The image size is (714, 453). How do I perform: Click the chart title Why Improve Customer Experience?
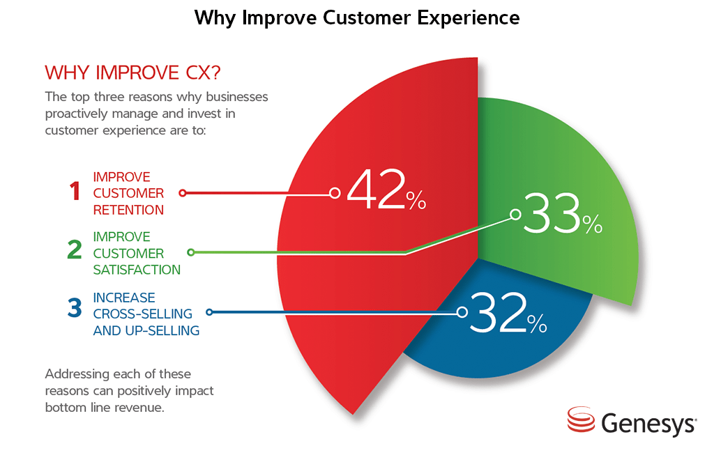[x=357, y=17]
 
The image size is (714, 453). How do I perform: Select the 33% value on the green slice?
[x=561, y=215]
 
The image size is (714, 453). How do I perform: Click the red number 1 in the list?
[x=75, y=192]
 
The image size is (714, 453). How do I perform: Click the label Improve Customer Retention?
[x=129, y=193]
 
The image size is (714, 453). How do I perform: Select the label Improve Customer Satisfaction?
[x=137, y=253]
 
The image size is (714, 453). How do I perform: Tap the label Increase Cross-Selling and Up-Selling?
[x=146, y=314]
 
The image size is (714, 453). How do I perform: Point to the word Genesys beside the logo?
[x=648, y=422]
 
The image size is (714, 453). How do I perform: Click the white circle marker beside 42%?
[x=335, y=192]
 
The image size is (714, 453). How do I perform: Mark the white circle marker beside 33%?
[x=515, y=215]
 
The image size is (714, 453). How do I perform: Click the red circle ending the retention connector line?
[x=182, y=192]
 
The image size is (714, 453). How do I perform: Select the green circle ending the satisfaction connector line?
[x=191, y=252]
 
